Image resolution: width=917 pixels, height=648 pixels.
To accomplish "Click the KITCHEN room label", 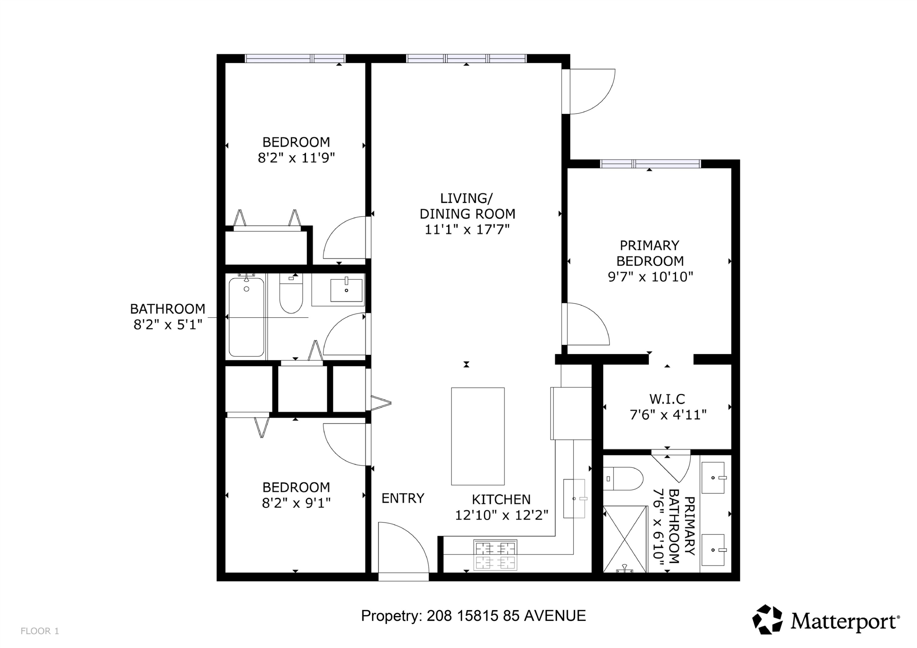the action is (501, 500).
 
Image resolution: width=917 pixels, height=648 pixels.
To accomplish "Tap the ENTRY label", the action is (403, 498).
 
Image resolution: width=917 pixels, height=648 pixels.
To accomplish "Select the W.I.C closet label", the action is (667, 399).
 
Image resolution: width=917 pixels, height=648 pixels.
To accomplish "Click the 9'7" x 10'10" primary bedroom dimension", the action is (650, 277).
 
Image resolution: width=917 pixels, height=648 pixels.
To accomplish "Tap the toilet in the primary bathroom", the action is (623, 479).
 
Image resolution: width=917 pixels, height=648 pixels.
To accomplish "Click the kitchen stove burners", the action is (495, 555).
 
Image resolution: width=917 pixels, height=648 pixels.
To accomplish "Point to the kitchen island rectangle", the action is (478, 436).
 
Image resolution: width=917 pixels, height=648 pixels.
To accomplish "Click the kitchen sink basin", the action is (574, 499).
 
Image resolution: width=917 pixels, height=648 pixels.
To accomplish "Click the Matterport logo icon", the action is (767, 619).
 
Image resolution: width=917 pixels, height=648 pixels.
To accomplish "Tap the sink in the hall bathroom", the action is (346, 290).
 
